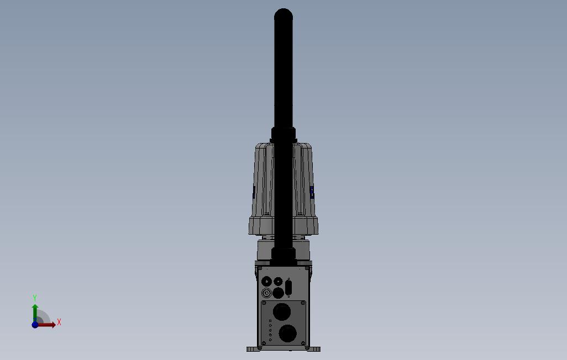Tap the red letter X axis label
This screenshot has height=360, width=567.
coord(59,322)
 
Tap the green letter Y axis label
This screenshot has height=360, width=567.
coord(35,298)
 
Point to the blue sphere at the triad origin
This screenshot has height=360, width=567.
coord(35,325)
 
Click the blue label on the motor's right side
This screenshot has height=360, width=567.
coord(312,192)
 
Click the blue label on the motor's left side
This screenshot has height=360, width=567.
coord(254,192)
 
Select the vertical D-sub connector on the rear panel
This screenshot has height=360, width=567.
coord(288,288)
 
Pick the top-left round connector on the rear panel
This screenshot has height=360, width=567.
coord(266,282)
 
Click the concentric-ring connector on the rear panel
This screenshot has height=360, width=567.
coord(267,293)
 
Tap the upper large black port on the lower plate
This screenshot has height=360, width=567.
coord(282,312)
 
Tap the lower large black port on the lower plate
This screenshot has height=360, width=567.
coord(287,333)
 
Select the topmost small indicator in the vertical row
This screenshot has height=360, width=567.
coord(270,321)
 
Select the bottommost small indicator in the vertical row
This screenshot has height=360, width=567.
coord(270,340)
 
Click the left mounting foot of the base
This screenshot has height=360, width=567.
coord(251,348)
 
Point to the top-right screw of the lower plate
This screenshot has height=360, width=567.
coord(303,303)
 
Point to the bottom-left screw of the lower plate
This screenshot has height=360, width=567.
coord(264,343)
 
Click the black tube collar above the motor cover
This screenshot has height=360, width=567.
coord(283,134)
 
